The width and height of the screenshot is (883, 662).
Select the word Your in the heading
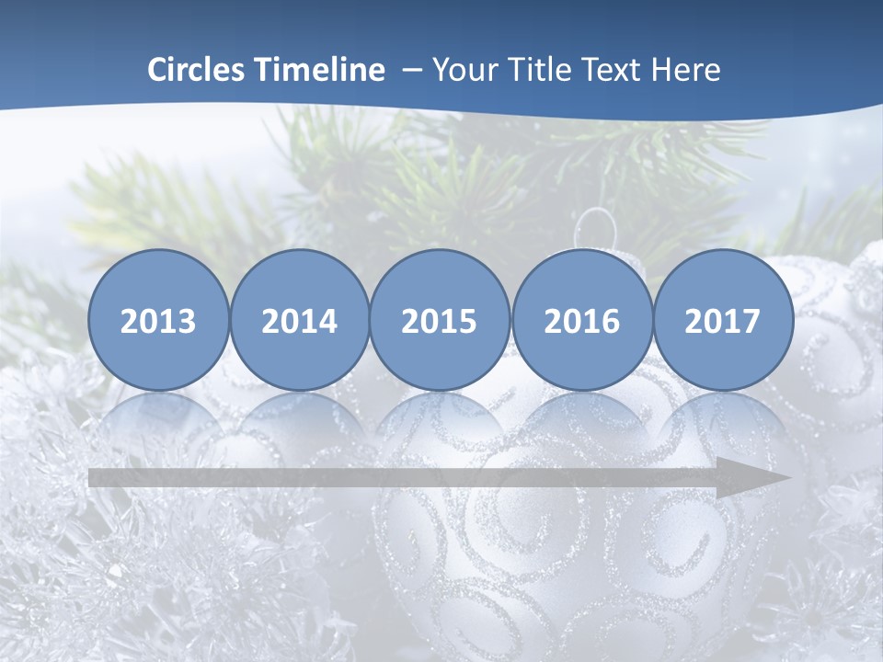[x=460, y=70]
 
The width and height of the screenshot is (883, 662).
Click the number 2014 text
[x=300, y=322]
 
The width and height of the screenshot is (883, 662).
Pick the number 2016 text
[x=581, y=322]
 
